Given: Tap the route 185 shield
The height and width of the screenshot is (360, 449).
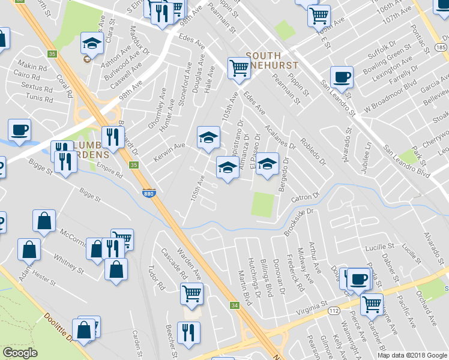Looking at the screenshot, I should [x=441, y=47].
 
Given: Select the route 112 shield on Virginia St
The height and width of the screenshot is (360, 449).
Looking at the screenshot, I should [x=333, y=311].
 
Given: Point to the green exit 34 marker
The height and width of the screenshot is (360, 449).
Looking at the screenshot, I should [x=234, y=306].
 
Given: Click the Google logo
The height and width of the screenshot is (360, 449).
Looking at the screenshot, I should [x=20, y=353].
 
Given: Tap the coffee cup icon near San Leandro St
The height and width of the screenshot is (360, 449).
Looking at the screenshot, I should [x=342, y=77].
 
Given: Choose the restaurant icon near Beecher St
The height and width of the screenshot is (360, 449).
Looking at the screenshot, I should [x=188, y=332].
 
